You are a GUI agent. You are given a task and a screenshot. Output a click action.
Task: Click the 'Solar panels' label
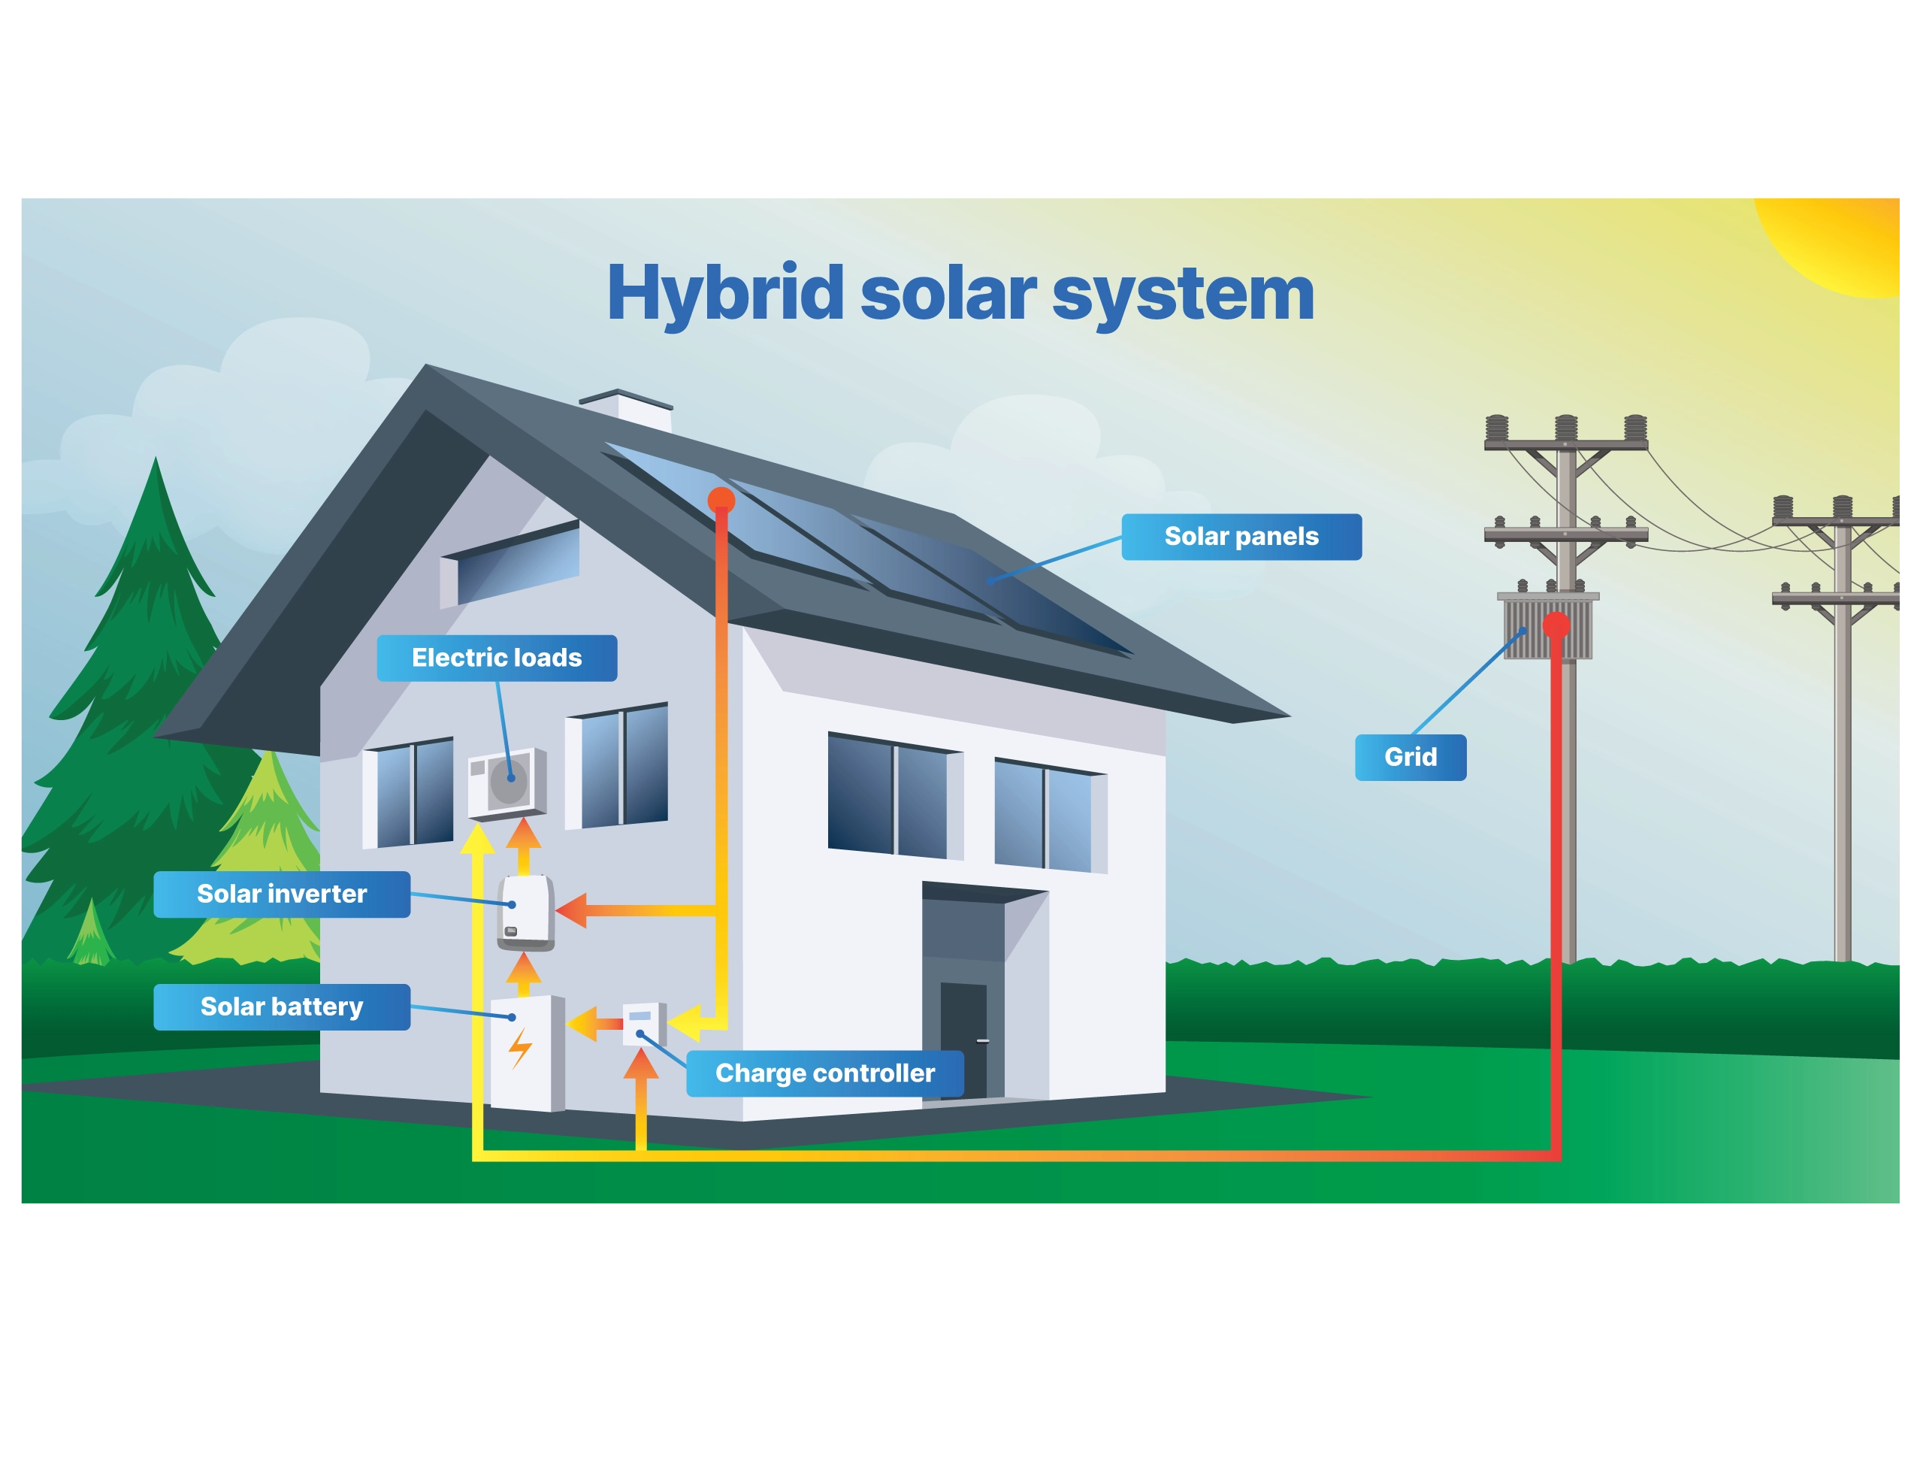pos(1241,537)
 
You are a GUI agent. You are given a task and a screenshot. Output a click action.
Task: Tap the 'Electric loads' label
pos(497,658)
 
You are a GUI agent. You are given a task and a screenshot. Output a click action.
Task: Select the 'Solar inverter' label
pos(281,894)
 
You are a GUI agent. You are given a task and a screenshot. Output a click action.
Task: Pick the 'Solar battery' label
pos(281,1006)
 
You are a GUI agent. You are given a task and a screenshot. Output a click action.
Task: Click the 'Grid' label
pos(1410,757)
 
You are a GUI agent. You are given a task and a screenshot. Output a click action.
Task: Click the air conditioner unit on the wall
pos(507,782)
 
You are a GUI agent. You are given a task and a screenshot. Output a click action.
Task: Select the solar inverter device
pos(526,912)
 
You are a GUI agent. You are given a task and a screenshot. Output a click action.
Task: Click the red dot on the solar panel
pos(721,499)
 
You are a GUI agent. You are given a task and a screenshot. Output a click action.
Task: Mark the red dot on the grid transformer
pos(1556,625)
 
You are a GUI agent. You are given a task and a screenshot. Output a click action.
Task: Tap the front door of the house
pos(963,1040)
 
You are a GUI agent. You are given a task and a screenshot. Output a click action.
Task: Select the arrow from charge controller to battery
pos(585,1024)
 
